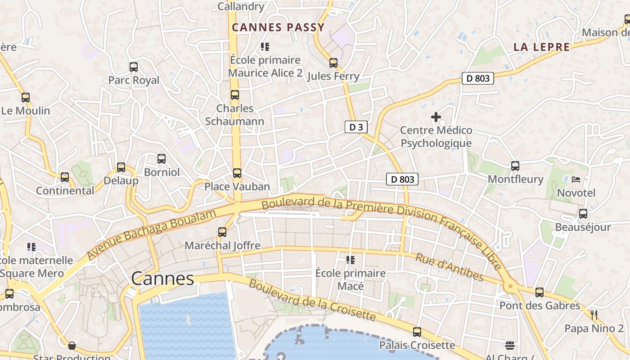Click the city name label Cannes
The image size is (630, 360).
coord(162,279)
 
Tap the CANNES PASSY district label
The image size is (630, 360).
coord(278,27)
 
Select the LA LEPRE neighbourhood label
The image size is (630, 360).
coord(541,47)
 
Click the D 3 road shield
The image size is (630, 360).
coord(356,127)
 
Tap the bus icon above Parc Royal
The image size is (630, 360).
coord(134,67)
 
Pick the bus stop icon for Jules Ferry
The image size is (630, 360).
coord(333,63)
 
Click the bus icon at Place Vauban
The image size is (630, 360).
coord(237,173)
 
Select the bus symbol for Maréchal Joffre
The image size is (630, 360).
coord(222,232)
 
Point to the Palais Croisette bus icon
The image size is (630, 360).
coord(417,332)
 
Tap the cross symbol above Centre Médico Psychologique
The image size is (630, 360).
coord(436,117)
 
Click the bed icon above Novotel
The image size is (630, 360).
coord(576,180)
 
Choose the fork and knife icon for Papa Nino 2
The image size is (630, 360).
coord(594,315)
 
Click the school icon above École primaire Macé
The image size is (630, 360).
coord(351,260)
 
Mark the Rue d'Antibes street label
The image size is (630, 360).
coord(449,267)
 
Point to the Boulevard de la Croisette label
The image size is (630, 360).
coord(312,300)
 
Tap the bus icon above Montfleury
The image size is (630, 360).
coord(515,166)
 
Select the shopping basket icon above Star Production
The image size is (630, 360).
coord(72,346)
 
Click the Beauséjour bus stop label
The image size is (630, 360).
coord(583,227)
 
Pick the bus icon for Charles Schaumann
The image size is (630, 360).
coord(235,95)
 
